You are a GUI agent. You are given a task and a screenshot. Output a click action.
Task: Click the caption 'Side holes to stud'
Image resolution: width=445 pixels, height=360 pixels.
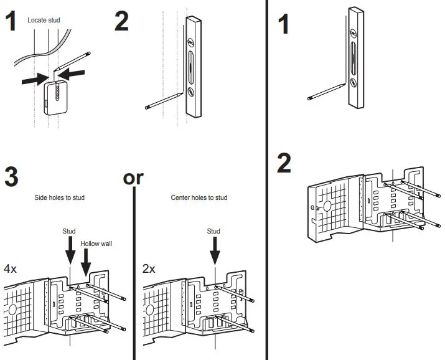60,198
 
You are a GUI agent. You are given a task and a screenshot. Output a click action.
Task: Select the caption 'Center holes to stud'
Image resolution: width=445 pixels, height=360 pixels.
199,198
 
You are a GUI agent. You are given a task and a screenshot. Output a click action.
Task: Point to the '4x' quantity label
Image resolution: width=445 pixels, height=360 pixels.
11,269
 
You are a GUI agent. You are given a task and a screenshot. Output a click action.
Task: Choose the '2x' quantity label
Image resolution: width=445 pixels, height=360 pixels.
149,269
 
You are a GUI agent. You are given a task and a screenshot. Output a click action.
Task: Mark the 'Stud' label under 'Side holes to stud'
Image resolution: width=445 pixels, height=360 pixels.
69,231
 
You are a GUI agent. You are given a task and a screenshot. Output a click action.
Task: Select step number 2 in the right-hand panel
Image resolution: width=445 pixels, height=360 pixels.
284,163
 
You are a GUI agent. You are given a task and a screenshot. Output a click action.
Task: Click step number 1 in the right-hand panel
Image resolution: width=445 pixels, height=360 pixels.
283,25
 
